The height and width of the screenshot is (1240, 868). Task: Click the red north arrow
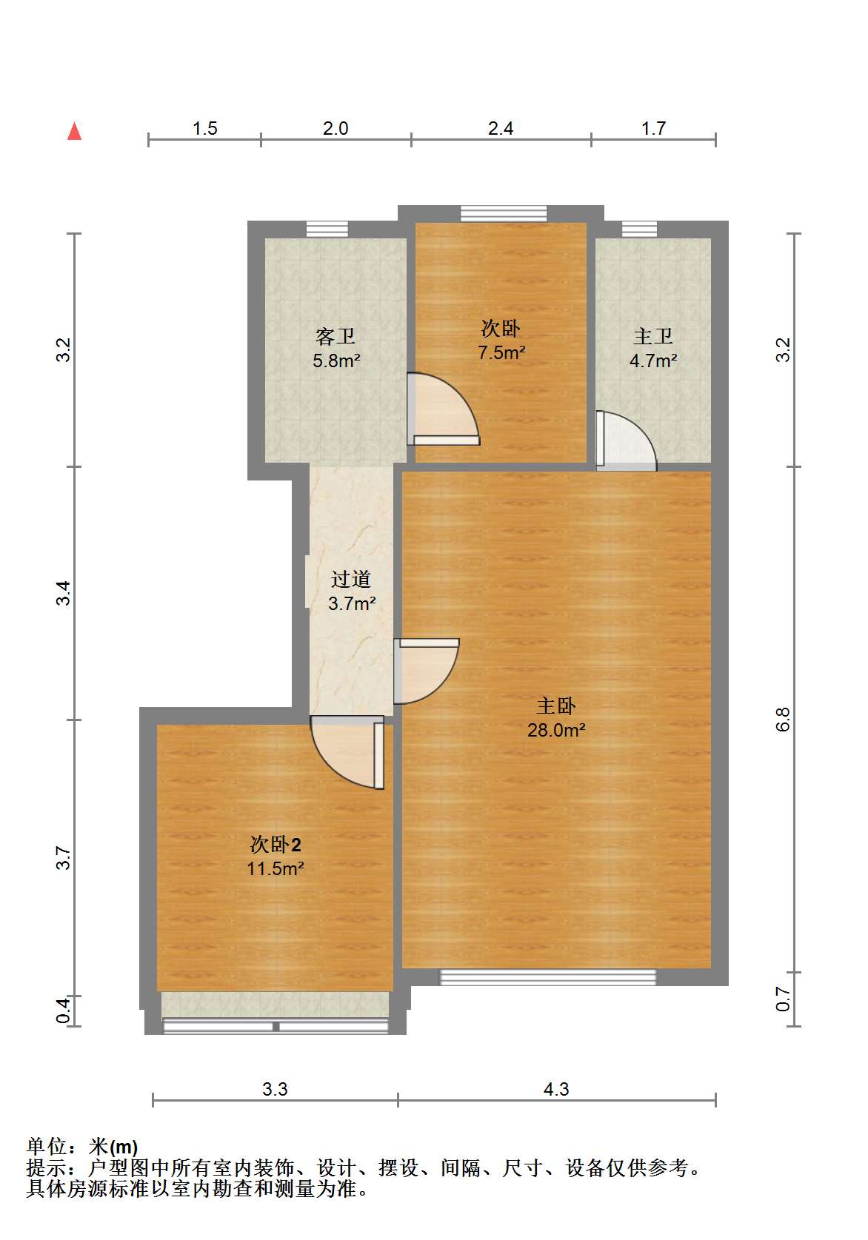pyautogui.click(x=74, y=132)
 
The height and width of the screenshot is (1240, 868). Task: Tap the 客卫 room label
pyautogui.click(x=335, y=336)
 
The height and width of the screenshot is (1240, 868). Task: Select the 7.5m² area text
pyautogui.click(x=502, y=352)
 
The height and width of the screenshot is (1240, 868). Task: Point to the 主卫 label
pyautogui.click(x=653, y=336)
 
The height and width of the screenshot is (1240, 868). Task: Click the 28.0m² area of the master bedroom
pyautogui.click(x=556, y=730)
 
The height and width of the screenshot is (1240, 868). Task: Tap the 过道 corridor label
pyautogui.click(x=350, y=579)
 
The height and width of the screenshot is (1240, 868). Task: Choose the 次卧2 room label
pyautogui.click(x=276, y=845)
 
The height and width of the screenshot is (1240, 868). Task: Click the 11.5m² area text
pyautogui.click(x=276, y=868)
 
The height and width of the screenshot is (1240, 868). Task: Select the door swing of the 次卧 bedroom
pyautogui.click(x=443, y=409)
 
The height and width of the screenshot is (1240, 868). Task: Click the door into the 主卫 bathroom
pyautogui.click(x=626, y=440)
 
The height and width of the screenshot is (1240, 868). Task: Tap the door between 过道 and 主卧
pyautogui.click(x=426, y=671)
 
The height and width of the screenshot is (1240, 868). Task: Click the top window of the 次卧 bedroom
pyautogui.click(x=504, y=214)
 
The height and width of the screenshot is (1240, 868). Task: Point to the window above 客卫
pyautogui.click(x=327, y=229)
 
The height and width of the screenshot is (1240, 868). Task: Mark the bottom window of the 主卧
pyautogui.click(x=548, y=977)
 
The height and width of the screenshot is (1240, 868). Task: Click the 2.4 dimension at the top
pyautogui.click(x=501, y=128)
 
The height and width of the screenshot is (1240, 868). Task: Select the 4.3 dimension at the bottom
pyautogui.click(x=556, y=1090)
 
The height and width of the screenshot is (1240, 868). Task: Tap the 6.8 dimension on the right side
pyautogui.click(x=783, y=720)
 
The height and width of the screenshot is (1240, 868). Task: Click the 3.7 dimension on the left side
pyautogui.click(x=64, y=857)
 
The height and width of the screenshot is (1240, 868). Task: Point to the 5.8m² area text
pyautogui.click(x=337, y=361)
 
